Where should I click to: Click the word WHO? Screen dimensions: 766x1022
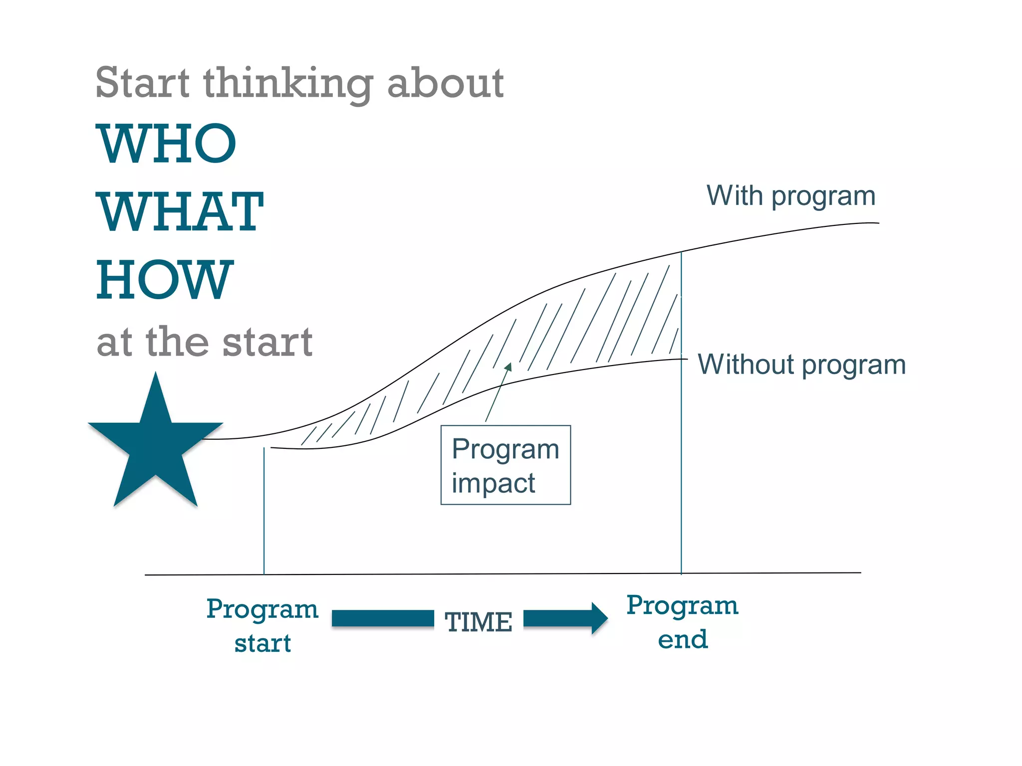click(x=166, y=144)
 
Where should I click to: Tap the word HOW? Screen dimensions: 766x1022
click(x=165, y=280)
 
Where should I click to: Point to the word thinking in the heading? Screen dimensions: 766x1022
click(x=288, y=84)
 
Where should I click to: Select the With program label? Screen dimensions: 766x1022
click(x=791, y=196)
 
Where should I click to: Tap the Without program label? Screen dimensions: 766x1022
click(x=801, y=365)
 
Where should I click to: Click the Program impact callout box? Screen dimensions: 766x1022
click(x=506, y=465)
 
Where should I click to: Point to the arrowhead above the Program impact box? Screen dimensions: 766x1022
click(x=509, y=368)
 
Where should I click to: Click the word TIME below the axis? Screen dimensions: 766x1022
click(x=479, y=622)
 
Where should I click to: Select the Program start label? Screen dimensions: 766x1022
click(x=262, y=625)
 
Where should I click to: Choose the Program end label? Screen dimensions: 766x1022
click(x=682, y=622)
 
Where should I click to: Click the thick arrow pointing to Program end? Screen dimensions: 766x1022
click(x=565, y=618)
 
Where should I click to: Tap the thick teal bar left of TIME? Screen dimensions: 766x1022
click(x=383, y=618)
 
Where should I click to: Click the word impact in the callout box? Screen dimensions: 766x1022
click(x=493, y=483)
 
